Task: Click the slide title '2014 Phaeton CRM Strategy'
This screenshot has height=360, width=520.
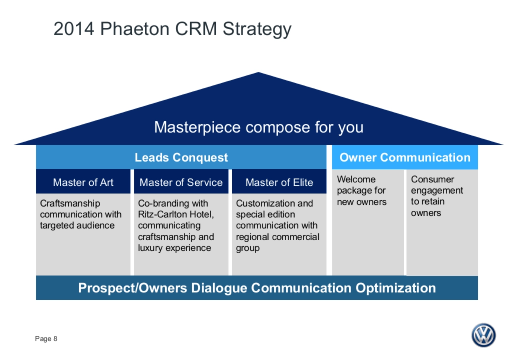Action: click(172, 29)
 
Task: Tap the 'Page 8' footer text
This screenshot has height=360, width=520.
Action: click(46, 339)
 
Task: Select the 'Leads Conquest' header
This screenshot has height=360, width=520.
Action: click(181, 157)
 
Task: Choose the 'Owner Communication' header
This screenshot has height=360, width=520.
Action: click(405, 157)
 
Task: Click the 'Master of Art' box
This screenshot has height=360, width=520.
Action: click(83, 182)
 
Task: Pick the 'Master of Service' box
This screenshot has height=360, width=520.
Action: click(181, 182)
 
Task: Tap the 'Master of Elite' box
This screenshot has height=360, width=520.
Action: click(279, 182)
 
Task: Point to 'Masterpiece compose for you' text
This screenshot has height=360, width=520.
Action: click(259, 127)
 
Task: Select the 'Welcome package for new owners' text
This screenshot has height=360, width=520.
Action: click(361, 191)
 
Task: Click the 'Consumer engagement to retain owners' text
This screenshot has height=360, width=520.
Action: click(437, 196)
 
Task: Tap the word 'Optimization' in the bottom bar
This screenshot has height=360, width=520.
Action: click(396, 288)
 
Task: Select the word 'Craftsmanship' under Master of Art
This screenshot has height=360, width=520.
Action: click(70, 203)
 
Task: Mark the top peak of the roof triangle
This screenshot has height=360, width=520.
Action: click(259, 73)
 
